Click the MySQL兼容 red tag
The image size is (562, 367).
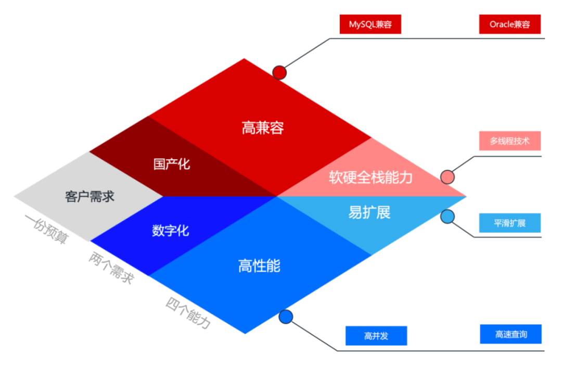tap(370, 24)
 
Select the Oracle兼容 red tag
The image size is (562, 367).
tap(510, 24)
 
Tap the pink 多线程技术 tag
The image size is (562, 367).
tap(510, 141)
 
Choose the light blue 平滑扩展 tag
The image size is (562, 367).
tap(510, 223)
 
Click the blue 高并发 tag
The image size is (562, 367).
tap(376, 336)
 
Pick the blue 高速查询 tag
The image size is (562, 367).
tap(510, 334)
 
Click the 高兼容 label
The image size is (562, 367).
tap(263, 128)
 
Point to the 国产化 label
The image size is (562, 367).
tap(172, 164)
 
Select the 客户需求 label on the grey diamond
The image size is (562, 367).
tap(90, 196)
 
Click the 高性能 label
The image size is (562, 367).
tap(259, 265)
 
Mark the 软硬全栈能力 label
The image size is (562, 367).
tap(371, 177)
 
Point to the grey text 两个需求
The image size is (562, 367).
tap(111, 268)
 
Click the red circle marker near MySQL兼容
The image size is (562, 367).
tap(279, 72)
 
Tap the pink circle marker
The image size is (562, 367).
tap(447, 177)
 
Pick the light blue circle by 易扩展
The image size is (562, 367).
tap(447, 217)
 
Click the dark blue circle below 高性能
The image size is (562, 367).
tap(286, 316)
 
